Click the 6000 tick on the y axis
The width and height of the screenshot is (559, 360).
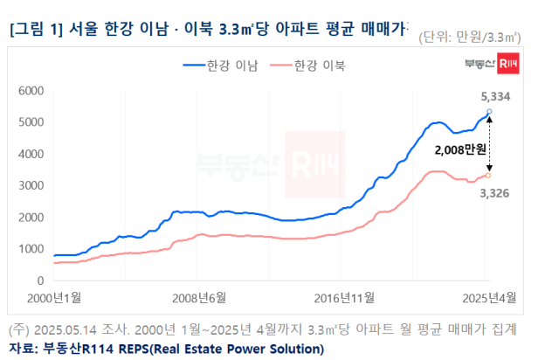(x=31, y=90)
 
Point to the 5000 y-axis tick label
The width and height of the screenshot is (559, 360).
(x=31, y=121)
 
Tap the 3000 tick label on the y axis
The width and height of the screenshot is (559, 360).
(x=31, y=185)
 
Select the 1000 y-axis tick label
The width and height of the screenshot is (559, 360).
(x=31, y=249)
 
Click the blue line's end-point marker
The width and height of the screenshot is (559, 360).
(x=488, y=111)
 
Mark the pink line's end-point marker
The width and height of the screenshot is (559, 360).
(x=488, y=175)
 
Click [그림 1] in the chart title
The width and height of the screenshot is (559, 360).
(x=37, y=29)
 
